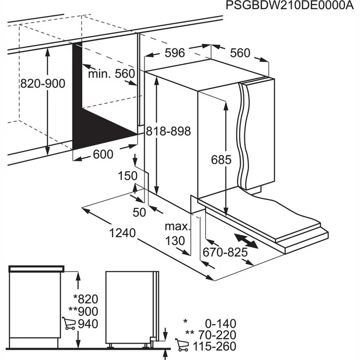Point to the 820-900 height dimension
[43, 83]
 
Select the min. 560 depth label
[111, 74]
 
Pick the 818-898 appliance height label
[168, 132]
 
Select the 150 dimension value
[128, 176]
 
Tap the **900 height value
[83, 312]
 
